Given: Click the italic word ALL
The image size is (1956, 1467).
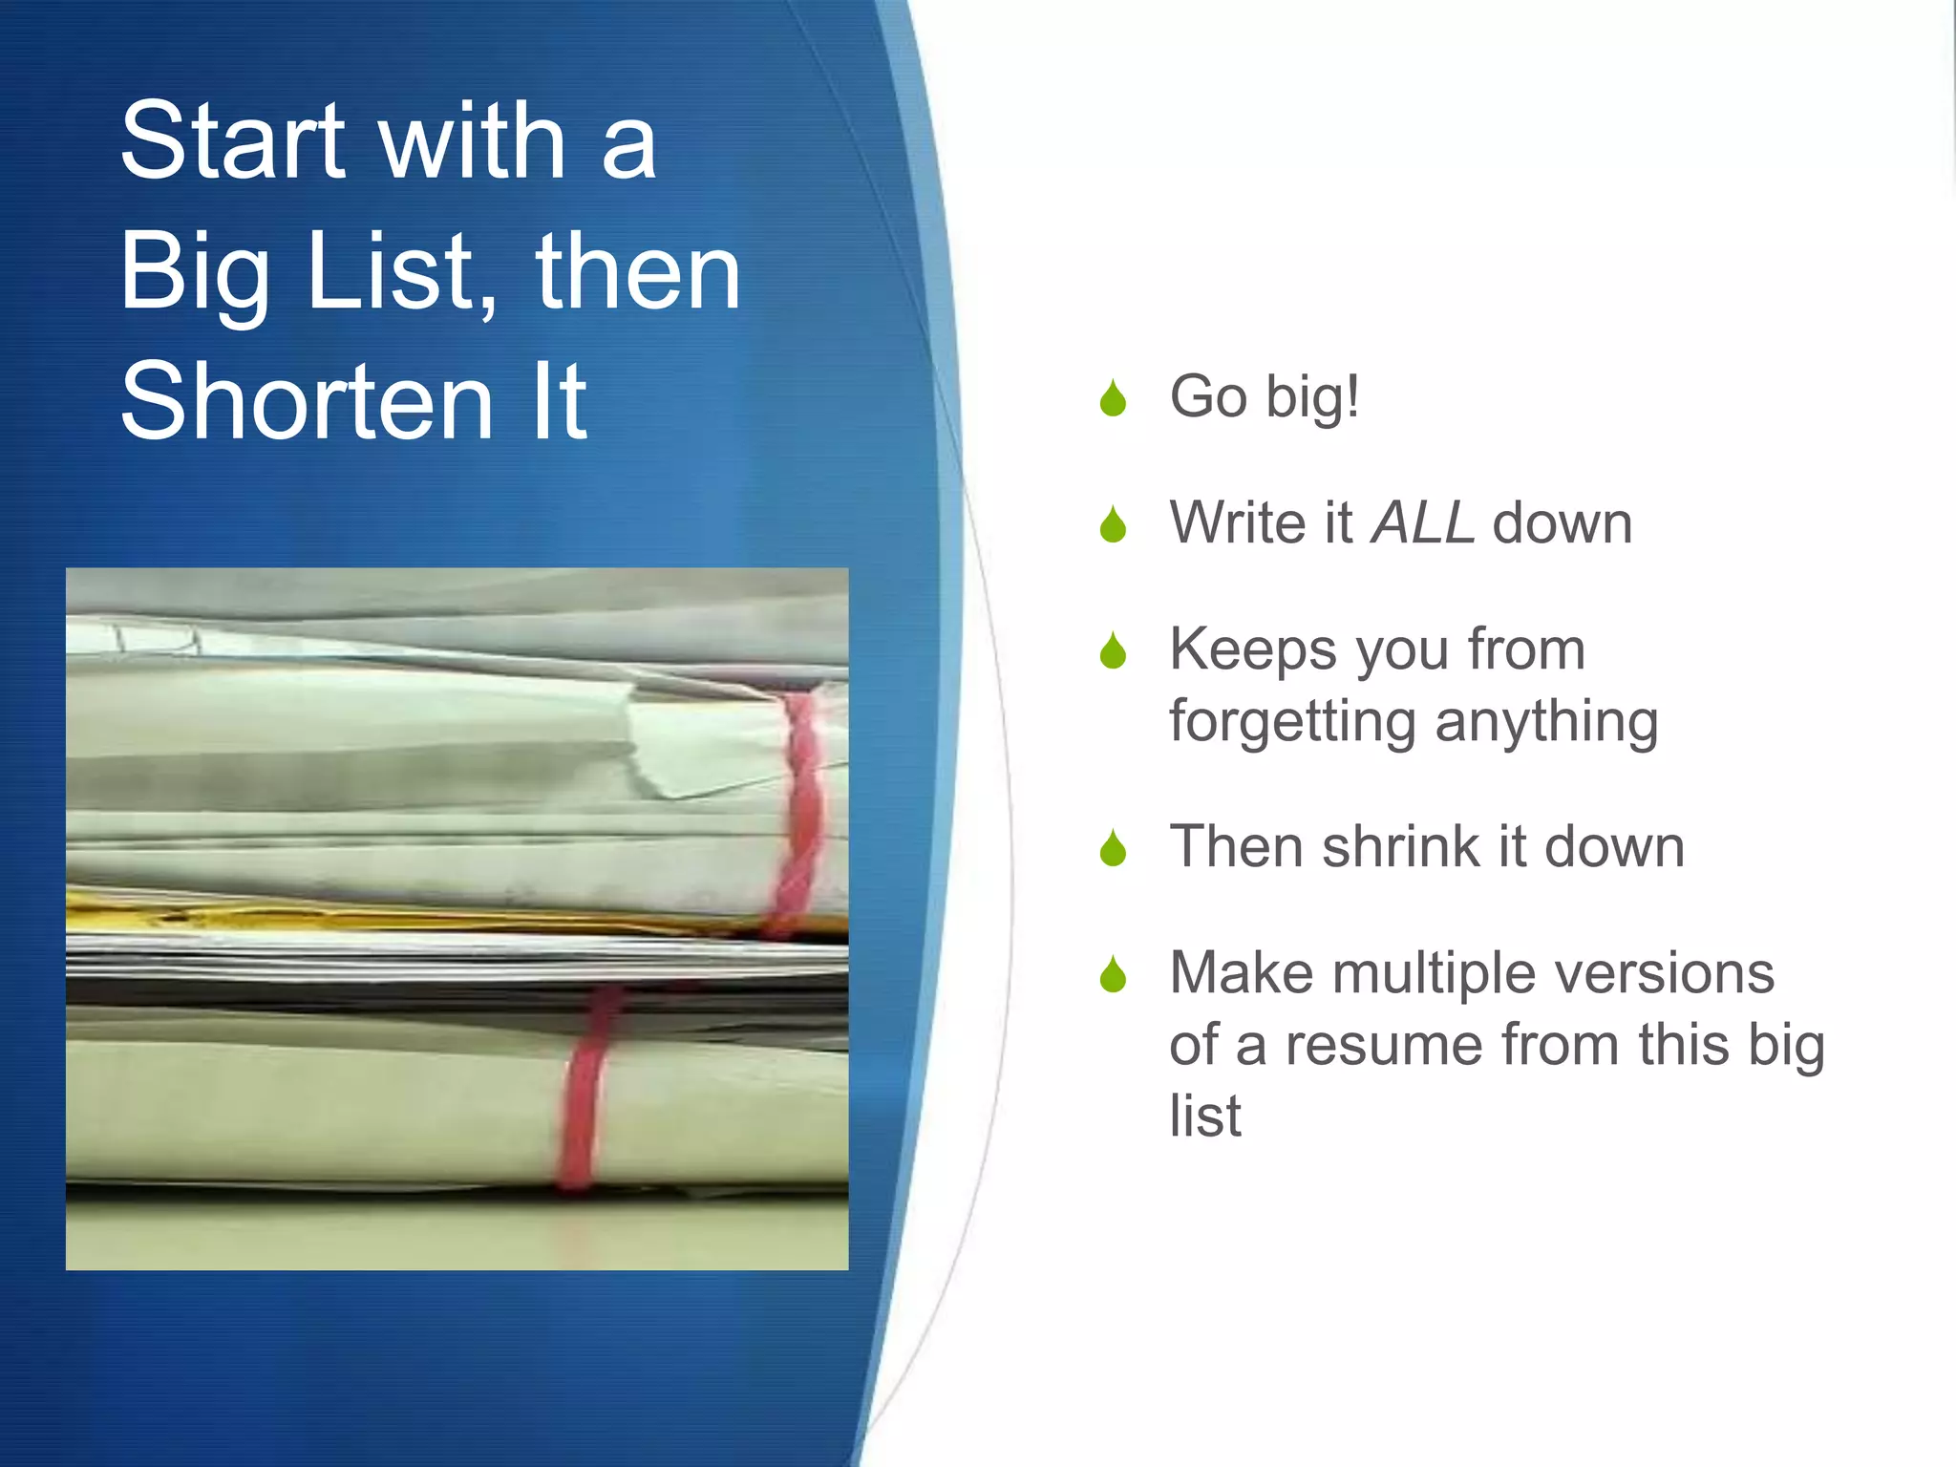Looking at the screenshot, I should pyautogui.click(x=1422, y=523).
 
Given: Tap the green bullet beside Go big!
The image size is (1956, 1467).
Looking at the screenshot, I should pyautogui.click(x=1113, y=399).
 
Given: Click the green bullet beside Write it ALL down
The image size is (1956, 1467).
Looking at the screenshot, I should pyautogui.click(x=1113, y=525).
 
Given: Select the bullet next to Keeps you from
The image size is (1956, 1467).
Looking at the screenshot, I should pyautogui.click(x=1113, y=651).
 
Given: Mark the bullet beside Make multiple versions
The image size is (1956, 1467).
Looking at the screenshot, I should pyautogui.click(x=1113, y=975).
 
